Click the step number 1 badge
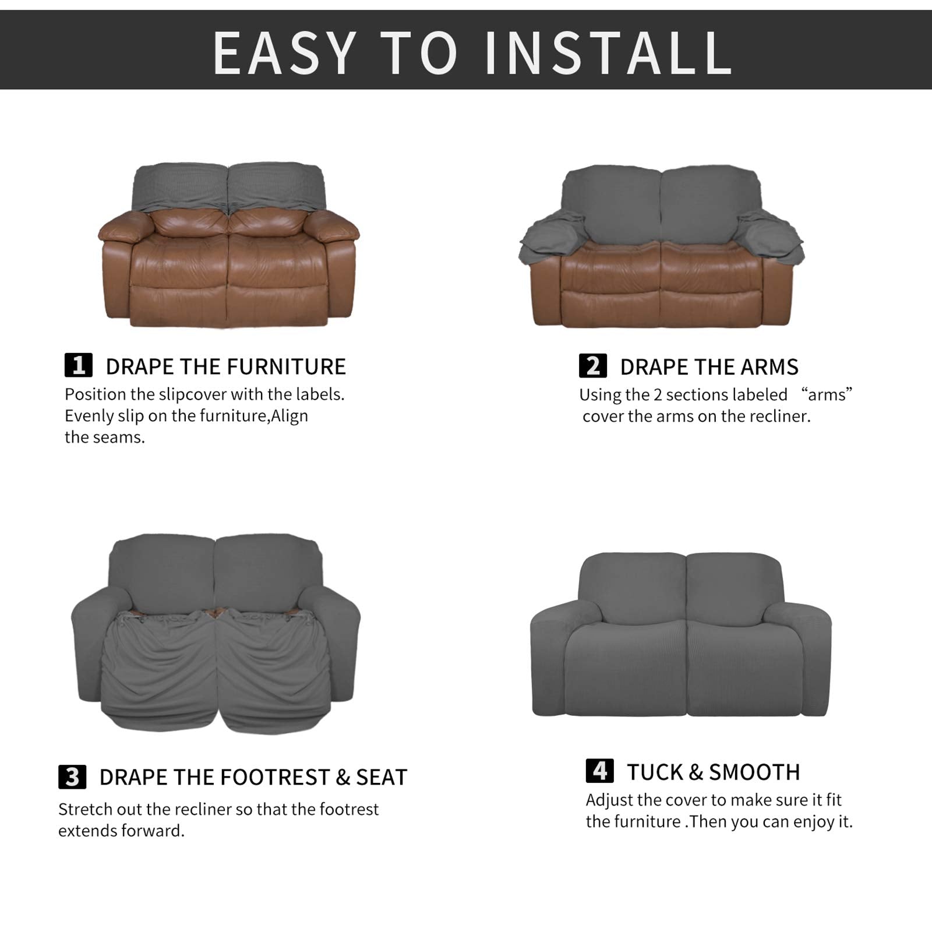[78, 366]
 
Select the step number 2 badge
[592, 366]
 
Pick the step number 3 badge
[72, 777]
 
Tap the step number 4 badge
[599, 771]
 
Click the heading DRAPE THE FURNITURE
[225, 366]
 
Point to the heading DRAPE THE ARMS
[709, 367]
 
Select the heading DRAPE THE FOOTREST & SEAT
[253, 777]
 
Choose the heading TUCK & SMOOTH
[713, 772]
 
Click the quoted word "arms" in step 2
[827, 394]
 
